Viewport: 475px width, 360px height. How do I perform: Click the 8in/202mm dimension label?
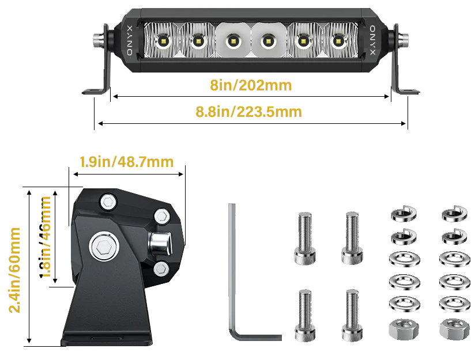pyautogui.click(x=251, y=85)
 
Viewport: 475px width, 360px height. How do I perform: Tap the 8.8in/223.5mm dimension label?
pyautogui.click(x=248, y=112)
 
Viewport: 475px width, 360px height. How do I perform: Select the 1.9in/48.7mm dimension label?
pyautogui.click(x=127, y=162)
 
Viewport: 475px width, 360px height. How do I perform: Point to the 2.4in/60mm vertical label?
pyautogui.click(x=14, y=270)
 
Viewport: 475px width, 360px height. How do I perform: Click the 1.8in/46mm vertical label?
pyautogui.click(x=45, y=237)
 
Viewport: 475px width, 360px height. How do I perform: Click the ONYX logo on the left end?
pyautogui.click(x=130, y=40)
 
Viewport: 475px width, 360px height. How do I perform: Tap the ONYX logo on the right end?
pyautogui.click(x=372, y=40)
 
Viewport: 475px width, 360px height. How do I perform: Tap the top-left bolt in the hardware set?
pyautogui.click(x=305, y=238)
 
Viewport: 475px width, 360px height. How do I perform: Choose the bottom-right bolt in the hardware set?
pyautogui.click(x=352, y=316)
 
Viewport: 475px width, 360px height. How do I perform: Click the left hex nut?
pyautogui.click(x=404, y=329)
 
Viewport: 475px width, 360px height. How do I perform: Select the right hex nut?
pyautogui.click(x=454, y=329)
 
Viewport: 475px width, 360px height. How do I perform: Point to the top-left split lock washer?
pyautogui.click(x=404, y=214)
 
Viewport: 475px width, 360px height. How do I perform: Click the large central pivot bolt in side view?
pyautogui.click(x=103, y=245)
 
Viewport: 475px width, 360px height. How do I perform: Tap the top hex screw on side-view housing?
pyautogui.click(x=108, y=201)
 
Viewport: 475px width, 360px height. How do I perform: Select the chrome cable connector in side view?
pyautogui.click(x=160, y=243)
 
